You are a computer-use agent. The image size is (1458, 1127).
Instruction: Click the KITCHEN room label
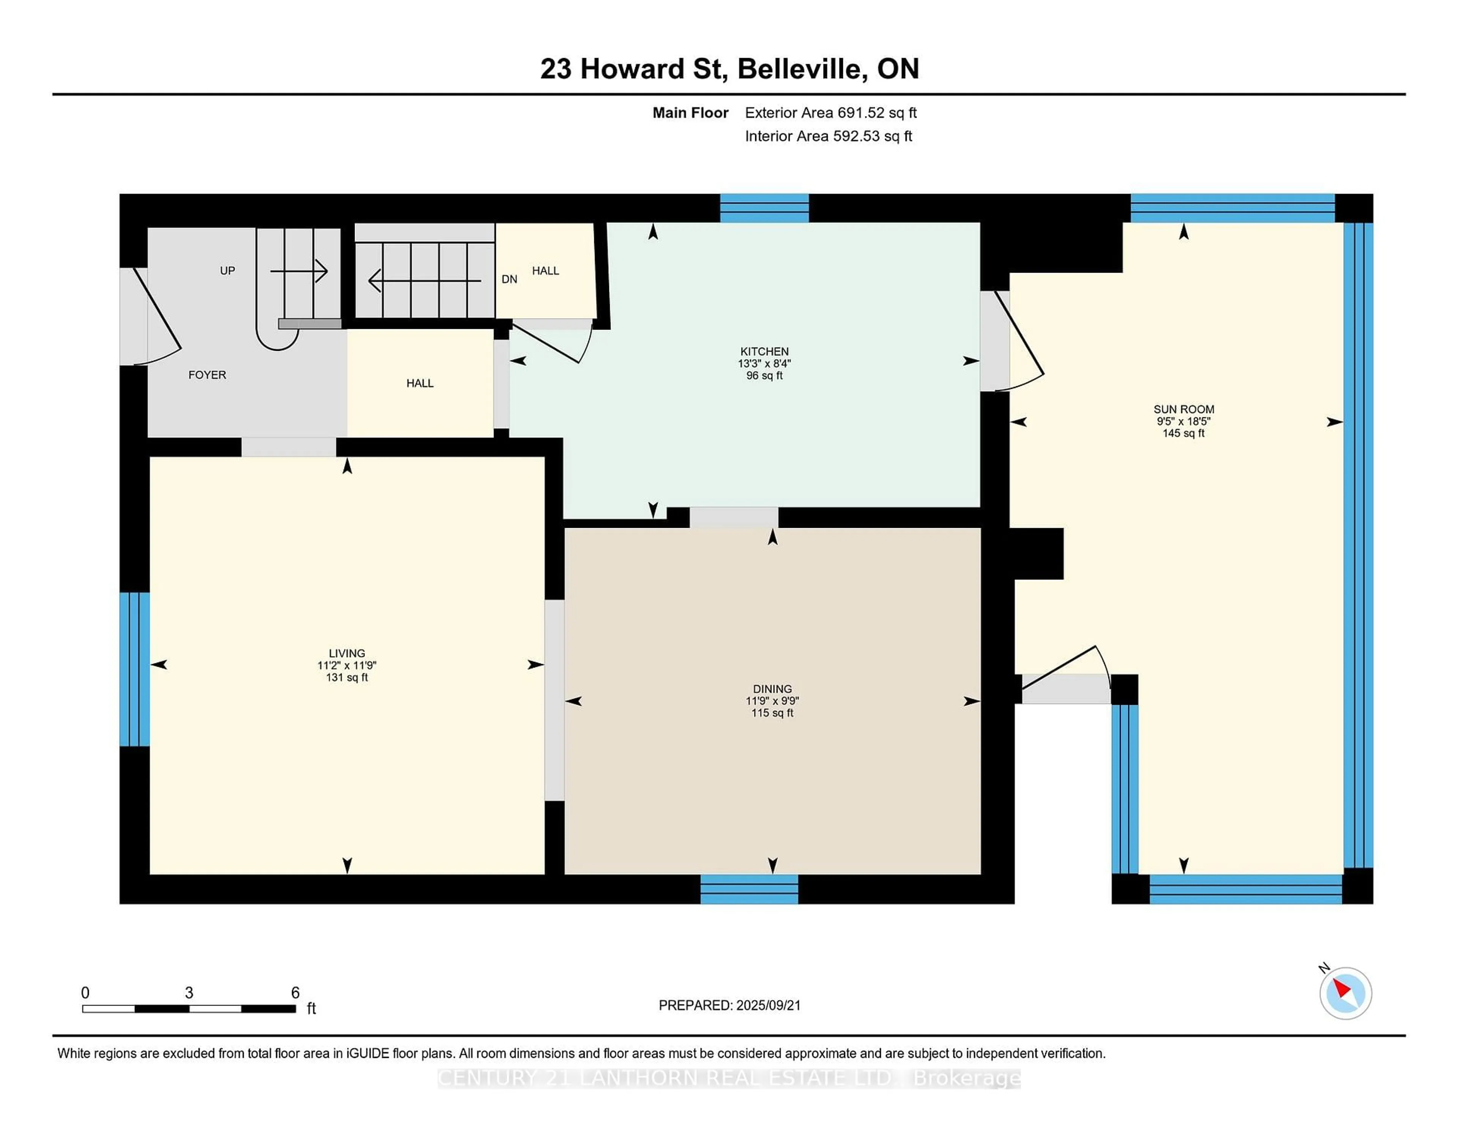coord(764,351)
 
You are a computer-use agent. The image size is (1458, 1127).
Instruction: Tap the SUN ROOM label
coord(1183,409)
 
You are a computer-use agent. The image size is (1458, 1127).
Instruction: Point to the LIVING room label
coord(347,653)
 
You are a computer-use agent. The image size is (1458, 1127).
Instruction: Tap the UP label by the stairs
coord(228,270)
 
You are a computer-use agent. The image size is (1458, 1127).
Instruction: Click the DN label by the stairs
coord(510,279)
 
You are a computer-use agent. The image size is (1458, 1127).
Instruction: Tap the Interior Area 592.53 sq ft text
coord(828,136)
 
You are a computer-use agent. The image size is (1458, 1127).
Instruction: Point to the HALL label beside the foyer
coord(420,383)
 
